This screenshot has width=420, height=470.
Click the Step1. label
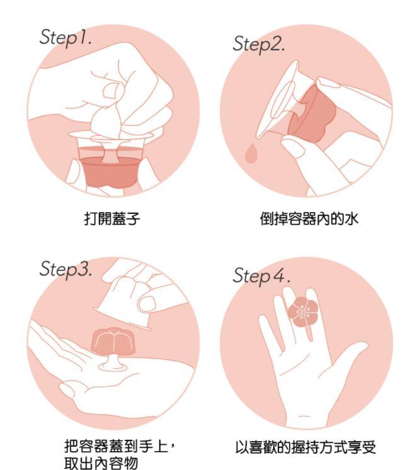[65, 38]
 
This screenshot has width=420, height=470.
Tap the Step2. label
[259, 44]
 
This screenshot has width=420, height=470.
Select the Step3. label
[65, 269]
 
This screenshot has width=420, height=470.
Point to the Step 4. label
[261, 276]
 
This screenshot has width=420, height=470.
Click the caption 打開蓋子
[111, 218]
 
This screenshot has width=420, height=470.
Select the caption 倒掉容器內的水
[309, 218]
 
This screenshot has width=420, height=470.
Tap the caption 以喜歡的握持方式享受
[305, 447]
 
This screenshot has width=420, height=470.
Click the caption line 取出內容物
[101, 463]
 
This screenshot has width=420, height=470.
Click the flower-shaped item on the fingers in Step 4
[303, 312]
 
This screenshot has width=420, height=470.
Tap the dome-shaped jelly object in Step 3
[113, 341]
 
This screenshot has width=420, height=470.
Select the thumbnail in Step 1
[111, 90]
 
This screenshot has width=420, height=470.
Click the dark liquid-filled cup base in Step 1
[111, 172]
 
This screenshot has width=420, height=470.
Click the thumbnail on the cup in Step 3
[147, 305]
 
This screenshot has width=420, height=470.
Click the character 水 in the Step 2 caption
[351, 218]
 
